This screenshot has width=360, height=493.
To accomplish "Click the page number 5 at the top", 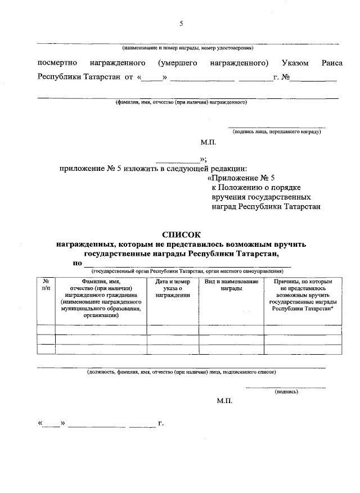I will [181, 24].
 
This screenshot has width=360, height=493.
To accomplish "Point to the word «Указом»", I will [295, 63].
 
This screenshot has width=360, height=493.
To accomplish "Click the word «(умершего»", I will [177, 63].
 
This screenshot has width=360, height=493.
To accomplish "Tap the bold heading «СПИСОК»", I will [181, 235].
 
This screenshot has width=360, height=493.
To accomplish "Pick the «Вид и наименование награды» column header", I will [231, 284].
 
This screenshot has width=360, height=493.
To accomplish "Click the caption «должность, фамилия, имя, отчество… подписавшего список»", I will [181, 372].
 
